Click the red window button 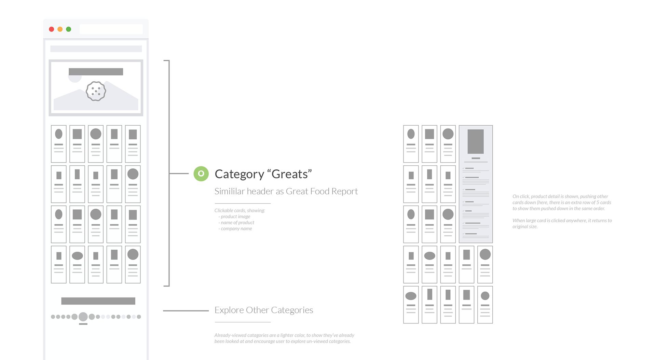pos(52,29)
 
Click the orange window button pos(60,29)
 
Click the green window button pos(69,29)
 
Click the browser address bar pos(111,29)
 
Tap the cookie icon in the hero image pos(96,91)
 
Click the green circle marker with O pos(201,174)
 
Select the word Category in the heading pos(239,174)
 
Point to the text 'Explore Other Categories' pos(264,310)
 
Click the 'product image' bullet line pos(235,217)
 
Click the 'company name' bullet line pos(236,229)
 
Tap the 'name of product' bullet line pos(237,223)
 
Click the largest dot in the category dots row pos(83,317)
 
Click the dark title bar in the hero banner pos(96,72)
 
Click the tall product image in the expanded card pos(476,141)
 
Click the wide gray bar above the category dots pos(98,301)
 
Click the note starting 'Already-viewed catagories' pos(284,338)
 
